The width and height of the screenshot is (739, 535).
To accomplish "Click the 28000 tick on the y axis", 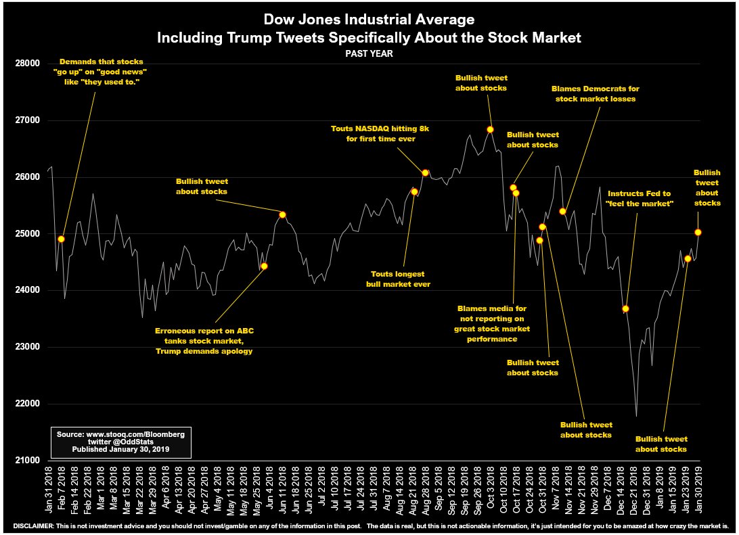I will pos(26,64).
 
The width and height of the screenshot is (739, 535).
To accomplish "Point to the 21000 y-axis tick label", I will pos(26,461).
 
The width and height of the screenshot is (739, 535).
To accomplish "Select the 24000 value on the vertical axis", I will pos(26,290).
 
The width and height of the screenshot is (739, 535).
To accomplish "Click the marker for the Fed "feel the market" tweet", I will pos(626,308).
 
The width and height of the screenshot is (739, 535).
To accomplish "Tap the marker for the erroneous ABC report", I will pos(264,266).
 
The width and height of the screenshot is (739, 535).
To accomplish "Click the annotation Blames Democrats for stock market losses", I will pos(596,94).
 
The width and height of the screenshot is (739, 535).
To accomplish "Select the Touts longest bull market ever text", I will pos(397,279).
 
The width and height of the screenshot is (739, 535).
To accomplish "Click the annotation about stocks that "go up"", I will pos(101,72).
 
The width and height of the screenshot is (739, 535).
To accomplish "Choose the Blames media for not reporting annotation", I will pos(492,323).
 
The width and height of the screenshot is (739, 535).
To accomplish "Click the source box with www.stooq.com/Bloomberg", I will pos(121,441).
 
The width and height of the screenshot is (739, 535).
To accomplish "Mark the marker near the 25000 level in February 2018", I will pos(62,239).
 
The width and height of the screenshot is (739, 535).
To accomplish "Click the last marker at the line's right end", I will pos(698,232).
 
